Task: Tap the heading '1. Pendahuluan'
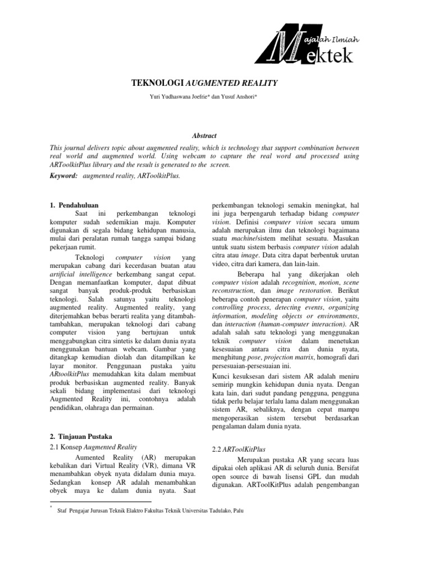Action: pyautogui.click(x=75, y=206)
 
